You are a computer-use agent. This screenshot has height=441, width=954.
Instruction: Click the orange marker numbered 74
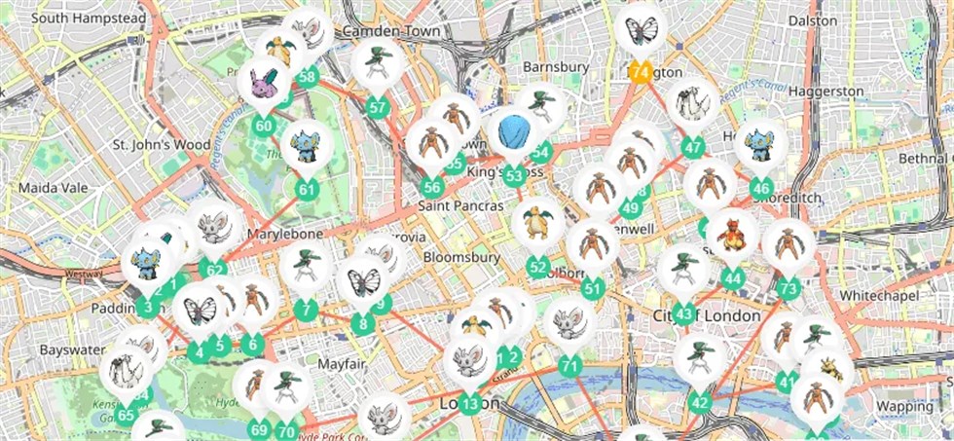pos(640,72)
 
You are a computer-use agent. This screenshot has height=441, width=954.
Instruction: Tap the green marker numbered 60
pos(263,126)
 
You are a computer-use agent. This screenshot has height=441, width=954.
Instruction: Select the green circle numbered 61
pos(308,189)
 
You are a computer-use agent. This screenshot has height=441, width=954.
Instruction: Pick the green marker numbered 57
pos(378,107)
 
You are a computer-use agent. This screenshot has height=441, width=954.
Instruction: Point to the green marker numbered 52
pos(537,267)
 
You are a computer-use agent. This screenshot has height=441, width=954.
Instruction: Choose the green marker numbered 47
pos(693,148)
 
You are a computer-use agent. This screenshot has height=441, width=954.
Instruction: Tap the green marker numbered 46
pos(761,189)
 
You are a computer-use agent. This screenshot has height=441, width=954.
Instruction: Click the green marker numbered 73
pos(789,288)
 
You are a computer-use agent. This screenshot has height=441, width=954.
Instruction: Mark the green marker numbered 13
pos(470,404)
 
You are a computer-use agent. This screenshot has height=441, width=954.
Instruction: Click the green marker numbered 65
pos(126,416)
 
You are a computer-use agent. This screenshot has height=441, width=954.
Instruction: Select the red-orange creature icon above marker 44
pos(732,234)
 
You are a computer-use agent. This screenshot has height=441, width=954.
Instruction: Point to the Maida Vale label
pos(50,185)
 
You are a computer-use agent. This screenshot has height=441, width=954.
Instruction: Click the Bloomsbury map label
pos(460,258)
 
